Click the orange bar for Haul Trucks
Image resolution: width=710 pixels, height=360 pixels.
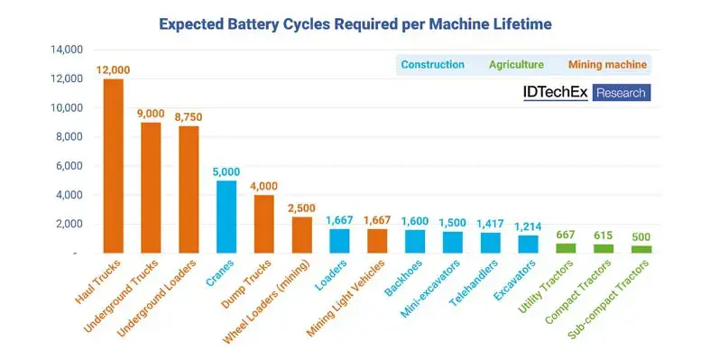(x=114, y=166)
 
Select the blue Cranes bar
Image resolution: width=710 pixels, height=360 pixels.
(x=226, y=217)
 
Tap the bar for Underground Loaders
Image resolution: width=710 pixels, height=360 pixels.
(x=189, y=189)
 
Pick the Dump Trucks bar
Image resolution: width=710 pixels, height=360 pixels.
(x=263, y=224)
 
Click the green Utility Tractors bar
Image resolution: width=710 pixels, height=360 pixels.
(x=565, y=247)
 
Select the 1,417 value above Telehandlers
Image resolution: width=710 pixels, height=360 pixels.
(x=490, y=223)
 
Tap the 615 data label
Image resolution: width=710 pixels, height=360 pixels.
(x=603, y=235)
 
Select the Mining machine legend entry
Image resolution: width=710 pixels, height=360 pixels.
(x=607, y=65)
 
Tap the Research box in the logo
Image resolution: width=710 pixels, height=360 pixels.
(x=622, y=92)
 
